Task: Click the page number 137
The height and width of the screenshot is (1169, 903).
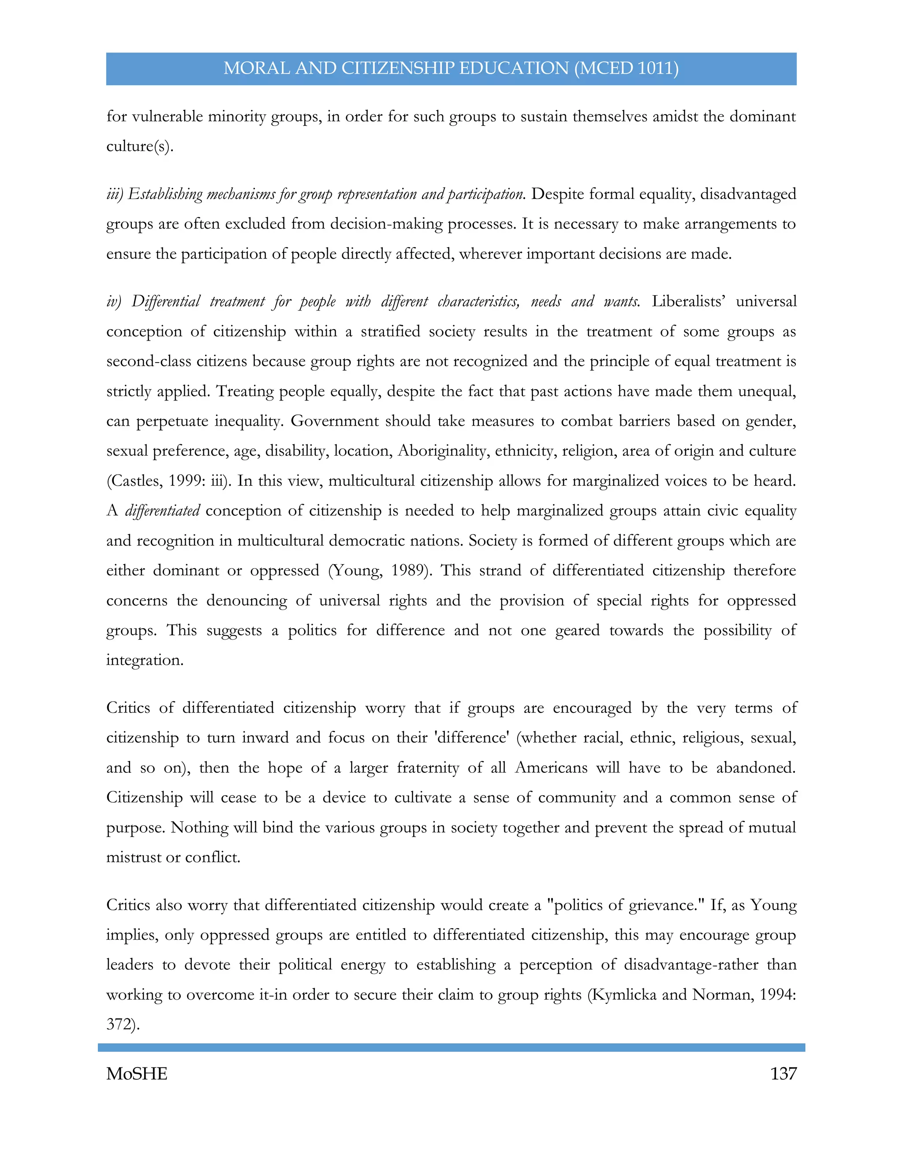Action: [x=783, y=1074]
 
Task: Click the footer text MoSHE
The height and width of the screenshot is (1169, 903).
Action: [x=137, y=1074]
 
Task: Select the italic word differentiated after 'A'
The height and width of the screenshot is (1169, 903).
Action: [x=162, y=511]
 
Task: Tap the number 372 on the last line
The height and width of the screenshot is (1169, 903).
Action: [x=120, y=1024]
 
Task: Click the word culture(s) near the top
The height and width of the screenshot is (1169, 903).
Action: [x=139, y=146]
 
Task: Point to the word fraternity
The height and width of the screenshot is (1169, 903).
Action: [x=427, y=768]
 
